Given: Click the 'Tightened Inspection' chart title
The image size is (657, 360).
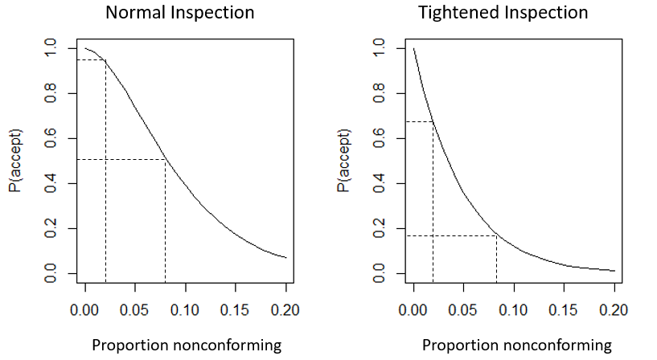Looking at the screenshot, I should tap(503, 14).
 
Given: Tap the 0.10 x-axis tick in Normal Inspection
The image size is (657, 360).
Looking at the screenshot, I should tap(186, 309).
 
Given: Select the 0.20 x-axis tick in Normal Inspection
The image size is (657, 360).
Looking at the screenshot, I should tap(286, 309).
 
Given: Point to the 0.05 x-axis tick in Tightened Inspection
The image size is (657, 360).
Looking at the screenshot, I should tap(464, 309).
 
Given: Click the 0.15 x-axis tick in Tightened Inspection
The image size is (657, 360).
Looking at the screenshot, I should tap(565, 309).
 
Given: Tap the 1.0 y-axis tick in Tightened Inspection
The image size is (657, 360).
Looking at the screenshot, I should tap(380, 48).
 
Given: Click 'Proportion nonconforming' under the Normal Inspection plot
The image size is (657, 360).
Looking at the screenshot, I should tap(187, 346).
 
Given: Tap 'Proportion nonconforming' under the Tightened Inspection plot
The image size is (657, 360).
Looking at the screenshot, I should tap(517, 346).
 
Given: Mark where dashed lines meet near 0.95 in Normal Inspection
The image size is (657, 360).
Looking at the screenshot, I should tap(105, 60).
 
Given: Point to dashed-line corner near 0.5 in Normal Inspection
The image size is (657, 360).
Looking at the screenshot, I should tap(166, 160).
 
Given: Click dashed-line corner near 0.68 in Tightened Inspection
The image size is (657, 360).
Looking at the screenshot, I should tap(433, 121).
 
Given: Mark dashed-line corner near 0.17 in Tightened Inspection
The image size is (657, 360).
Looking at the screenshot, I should tap(496, 235).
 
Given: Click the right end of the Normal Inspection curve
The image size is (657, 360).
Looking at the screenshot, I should tap(286, 258).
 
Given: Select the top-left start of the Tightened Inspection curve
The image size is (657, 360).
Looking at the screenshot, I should tap(414, 49).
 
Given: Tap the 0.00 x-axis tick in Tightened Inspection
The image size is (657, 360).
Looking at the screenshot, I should tap(414, 309).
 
